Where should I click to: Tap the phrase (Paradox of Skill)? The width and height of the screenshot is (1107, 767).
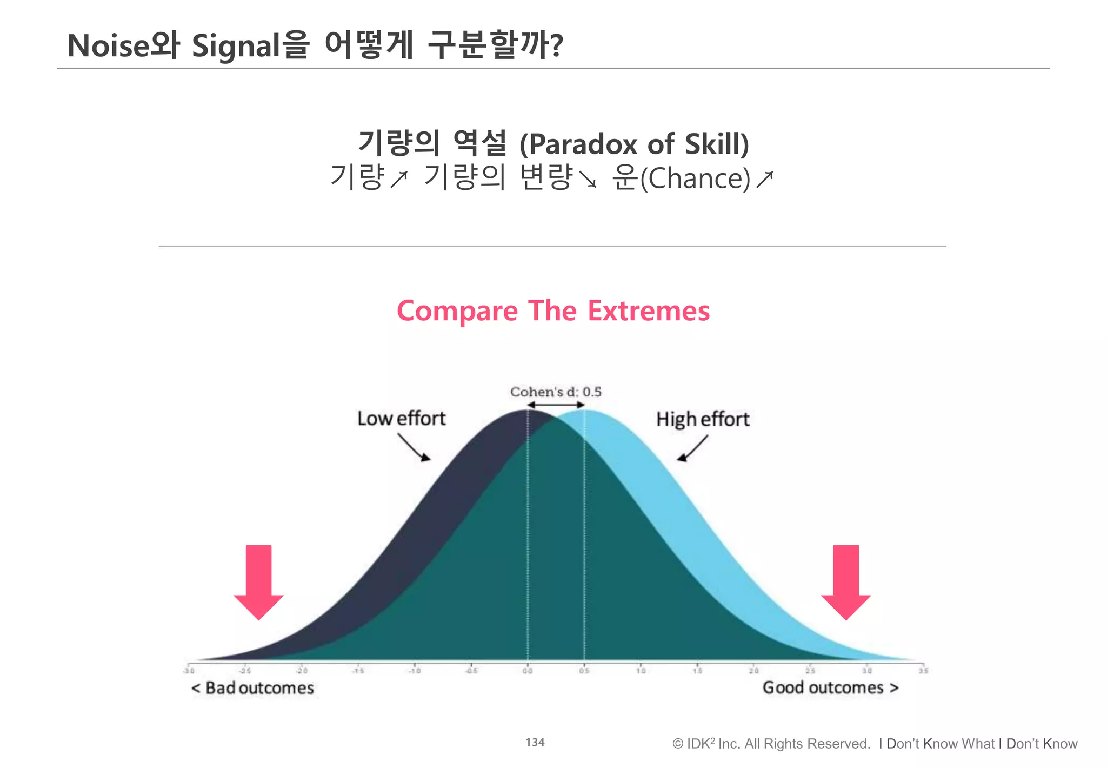(x=634, y=144)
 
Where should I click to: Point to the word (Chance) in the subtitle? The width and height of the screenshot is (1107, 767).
(x=696, y=178)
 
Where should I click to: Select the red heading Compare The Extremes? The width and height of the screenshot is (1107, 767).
(x=553, y=311)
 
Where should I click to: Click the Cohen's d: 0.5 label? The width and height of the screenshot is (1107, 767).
(x=556, y=392)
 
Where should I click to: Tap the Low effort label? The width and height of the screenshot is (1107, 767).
(x=402, y=419)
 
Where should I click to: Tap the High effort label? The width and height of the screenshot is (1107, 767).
(x=703, y=419)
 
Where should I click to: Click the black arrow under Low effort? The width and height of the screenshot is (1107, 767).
(x=415, y=448)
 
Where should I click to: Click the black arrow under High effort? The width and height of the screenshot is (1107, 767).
(x=692, y=449)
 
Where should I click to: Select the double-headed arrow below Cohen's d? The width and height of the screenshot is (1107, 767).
(x=556, y=405)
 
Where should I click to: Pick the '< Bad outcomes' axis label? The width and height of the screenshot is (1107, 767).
(x=252, y=688)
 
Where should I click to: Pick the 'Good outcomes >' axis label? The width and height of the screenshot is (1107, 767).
(x=830, y=687)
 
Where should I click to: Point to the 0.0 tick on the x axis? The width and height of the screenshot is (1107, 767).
(x=528, y=671)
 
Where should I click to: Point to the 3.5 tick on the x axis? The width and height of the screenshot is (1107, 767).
(x=923, y=671)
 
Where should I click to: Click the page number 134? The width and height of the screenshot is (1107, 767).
(x=535, y=742)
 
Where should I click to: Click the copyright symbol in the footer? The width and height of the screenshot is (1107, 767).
(x=678, y=744)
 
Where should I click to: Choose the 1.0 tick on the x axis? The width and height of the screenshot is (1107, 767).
(x=641, y=671)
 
